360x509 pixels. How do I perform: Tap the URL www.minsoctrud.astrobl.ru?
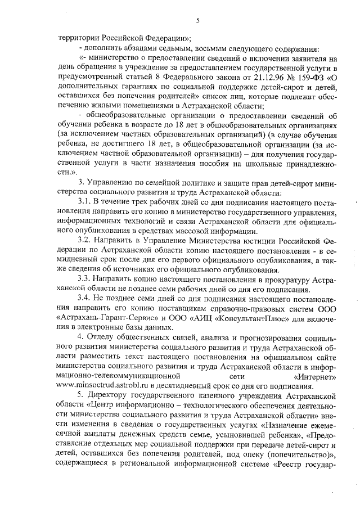(x=108, y=387)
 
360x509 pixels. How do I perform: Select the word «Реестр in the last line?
(x=289, y=465)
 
